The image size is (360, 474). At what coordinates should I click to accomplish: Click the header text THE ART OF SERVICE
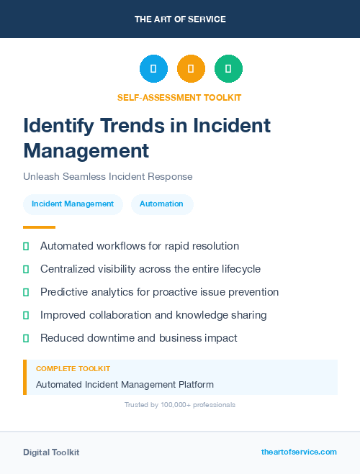click(x=180, y=19)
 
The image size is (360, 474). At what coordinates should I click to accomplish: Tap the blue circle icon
click(x=153, y=69)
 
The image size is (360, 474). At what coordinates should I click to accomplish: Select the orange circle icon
click(x=191, y=69)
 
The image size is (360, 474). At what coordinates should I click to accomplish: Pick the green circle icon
click(x=228, y=69)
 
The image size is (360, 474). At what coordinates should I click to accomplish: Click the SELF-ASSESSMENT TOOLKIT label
click(x=180, y=97)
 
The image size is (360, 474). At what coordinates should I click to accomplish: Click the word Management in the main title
click(x=86, y=150)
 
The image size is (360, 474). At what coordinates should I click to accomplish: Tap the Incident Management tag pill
click(x=73, y=204)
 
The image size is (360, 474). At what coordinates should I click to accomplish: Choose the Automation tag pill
click(x=161, y=204)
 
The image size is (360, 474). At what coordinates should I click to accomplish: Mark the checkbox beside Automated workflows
click(x=26, y=246)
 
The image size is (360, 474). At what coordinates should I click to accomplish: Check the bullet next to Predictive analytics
click(x=26, y=292)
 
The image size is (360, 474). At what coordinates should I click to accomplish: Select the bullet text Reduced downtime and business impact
click(x=139, y=338)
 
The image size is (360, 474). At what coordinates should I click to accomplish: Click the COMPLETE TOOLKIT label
click(x=73, y=369)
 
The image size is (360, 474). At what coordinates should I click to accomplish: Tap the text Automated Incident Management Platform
click(x=125, y=385)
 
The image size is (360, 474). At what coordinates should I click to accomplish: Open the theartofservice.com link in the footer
click(x=299, y=452)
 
